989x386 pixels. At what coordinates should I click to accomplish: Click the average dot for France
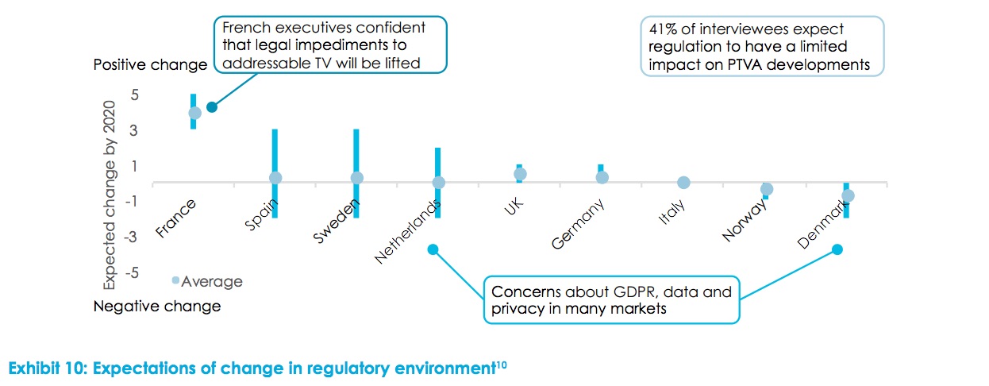click(194, 113)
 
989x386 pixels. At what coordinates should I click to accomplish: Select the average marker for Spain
click(275, 178)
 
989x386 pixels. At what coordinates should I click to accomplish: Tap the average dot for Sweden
click(357, 178)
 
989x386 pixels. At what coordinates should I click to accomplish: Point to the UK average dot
click(520, 174)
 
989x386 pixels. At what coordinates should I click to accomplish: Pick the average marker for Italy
click(683, 182)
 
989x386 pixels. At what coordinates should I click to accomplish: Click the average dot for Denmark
click(848, 195)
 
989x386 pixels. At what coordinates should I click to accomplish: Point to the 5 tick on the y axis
click(136, 95)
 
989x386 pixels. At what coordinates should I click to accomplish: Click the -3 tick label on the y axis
click(133, 237)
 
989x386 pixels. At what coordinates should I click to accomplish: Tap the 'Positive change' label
click(150, 64)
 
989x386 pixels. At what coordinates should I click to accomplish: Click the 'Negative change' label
click(157, 306)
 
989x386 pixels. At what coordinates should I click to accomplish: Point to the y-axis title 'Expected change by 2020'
click(110, 195)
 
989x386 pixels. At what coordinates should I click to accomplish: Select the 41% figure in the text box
click(665, 29)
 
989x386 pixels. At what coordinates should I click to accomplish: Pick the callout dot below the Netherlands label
click(433, 249)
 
